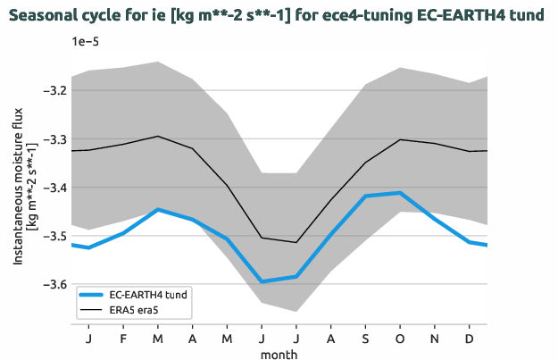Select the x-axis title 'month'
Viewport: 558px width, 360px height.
(279, 354)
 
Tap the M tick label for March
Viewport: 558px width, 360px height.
(158, 339)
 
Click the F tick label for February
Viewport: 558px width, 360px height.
(123, 339)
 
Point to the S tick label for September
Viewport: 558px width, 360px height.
(366, 339)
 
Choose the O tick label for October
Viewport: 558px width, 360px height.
(401, 339)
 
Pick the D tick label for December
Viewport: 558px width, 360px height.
(470, 339)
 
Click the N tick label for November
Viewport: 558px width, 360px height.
(435, 339)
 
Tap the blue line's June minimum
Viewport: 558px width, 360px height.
(262, 281)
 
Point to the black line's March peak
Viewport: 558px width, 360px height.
(158, 137)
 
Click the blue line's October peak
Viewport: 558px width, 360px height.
(401, 193)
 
